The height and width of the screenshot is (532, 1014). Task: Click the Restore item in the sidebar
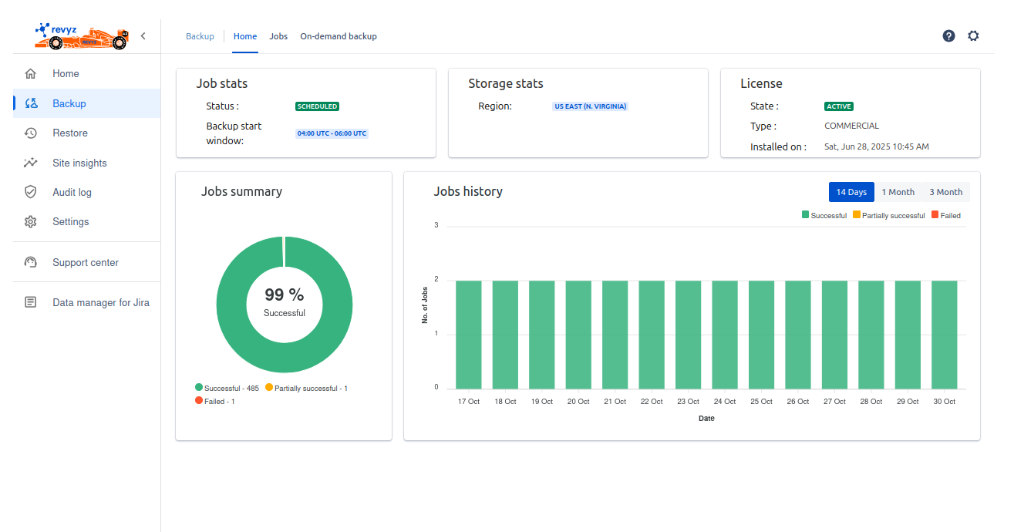tap(70, 133)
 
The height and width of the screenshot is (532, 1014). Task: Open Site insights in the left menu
tap(79, 163)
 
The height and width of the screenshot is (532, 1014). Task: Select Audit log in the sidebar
tap(72, 192)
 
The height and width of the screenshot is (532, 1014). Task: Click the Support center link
tap(85, 262)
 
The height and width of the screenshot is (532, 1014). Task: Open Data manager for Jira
tap(100, 302)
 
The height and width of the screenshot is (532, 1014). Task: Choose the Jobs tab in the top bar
tap(278, 36)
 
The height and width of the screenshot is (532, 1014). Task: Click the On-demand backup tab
tap(339, 36)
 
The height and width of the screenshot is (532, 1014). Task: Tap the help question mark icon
tap(948, 36)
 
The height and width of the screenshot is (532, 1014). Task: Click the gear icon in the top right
tap(973, 36)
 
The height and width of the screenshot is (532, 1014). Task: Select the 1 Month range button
tap(898, 192)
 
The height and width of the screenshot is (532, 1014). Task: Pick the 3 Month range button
tap(945, 192)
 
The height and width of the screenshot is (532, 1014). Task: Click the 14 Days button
tap(851, 192)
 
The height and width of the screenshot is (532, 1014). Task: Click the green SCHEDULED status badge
tap(317, 106)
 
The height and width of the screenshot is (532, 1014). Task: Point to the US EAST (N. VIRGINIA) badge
tap(590, 106)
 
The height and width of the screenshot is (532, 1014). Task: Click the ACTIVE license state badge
tap(839, 106)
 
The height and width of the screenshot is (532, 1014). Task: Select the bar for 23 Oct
tap(688, 335)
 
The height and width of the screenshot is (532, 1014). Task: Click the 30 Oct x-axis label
tap(944, 402)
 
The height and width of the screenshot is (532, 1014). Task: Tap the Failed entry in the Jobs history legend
tap(946, 216)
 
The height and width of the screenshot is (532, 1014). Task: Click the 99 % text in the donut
tap(284, 295)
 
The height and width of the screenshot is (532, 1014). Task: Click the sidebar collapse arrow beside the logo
tap(143, 36)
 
